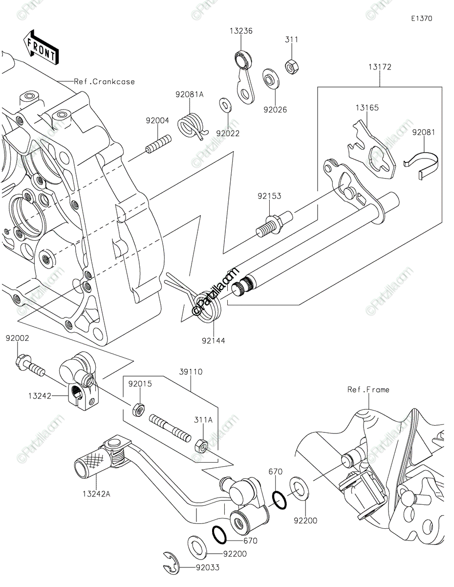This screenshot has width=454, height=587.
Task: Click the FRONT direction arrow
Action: point(41,48)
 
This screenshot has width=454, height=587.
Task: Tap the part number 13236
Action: point(241,31)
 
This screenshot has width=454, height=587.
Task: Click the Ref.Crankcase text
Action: point(104,82)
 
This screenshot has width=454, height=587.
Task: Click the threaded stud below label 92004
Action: point(158,145)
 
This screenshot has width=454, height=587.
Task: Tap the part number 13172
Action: point(380,67)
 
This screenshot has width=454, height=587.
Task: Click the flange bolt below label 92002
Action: point(30,365)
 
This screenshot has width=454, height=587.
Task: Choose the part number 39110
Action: point(191,372)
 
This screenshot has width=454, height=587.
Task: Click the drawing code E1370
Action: point(421,19)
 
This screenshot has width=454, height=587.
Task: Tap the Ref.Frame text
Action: point(368,389)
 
